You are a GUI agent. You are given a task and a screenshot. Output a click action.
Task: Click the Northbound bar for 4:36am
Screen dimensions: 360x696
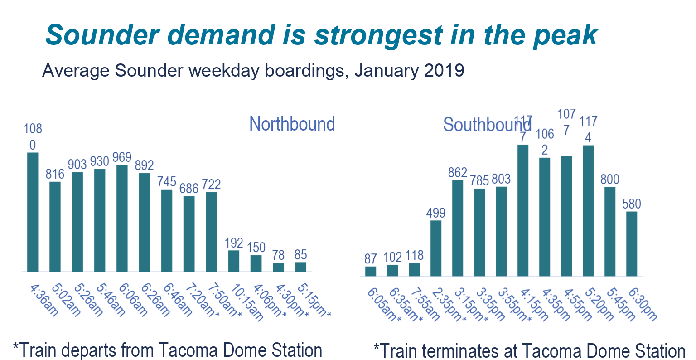[33, 212]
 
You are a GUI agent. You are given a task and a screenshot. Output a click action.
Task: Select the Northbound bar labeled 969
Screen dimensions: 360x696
[122, 218]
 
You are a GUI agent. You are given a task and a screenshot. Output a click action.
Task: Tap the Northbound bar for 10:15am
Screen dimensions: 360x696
[233, 261]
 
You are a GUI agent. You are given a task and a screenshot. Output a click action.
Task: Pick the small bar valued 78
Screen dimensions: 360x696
[278, 267]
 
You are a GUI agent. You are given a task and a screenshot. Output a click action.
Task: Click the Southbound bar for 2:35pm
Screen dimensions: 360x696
[436, 248]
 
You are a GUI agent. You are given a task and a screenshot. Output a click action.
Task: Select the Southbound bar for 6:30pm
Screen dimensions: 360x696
[632, 243]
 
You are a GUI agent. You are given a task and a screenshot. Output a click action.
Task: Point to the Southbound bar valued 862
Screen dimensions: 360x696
[458, 228]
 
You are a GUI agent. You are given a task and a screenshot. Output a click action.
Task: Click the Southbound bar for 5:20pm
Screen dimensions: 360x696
[588, 210]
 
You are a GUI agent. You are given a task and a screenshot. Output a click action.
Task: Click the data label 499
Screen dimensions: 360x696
[436, 213]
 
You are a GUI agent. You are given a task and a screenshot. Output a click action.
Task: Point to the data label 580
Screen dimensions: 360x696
[632, 204]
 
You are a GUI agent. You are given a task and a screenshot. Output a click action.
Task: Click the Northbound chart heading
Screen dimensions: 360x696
[292, 124]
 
